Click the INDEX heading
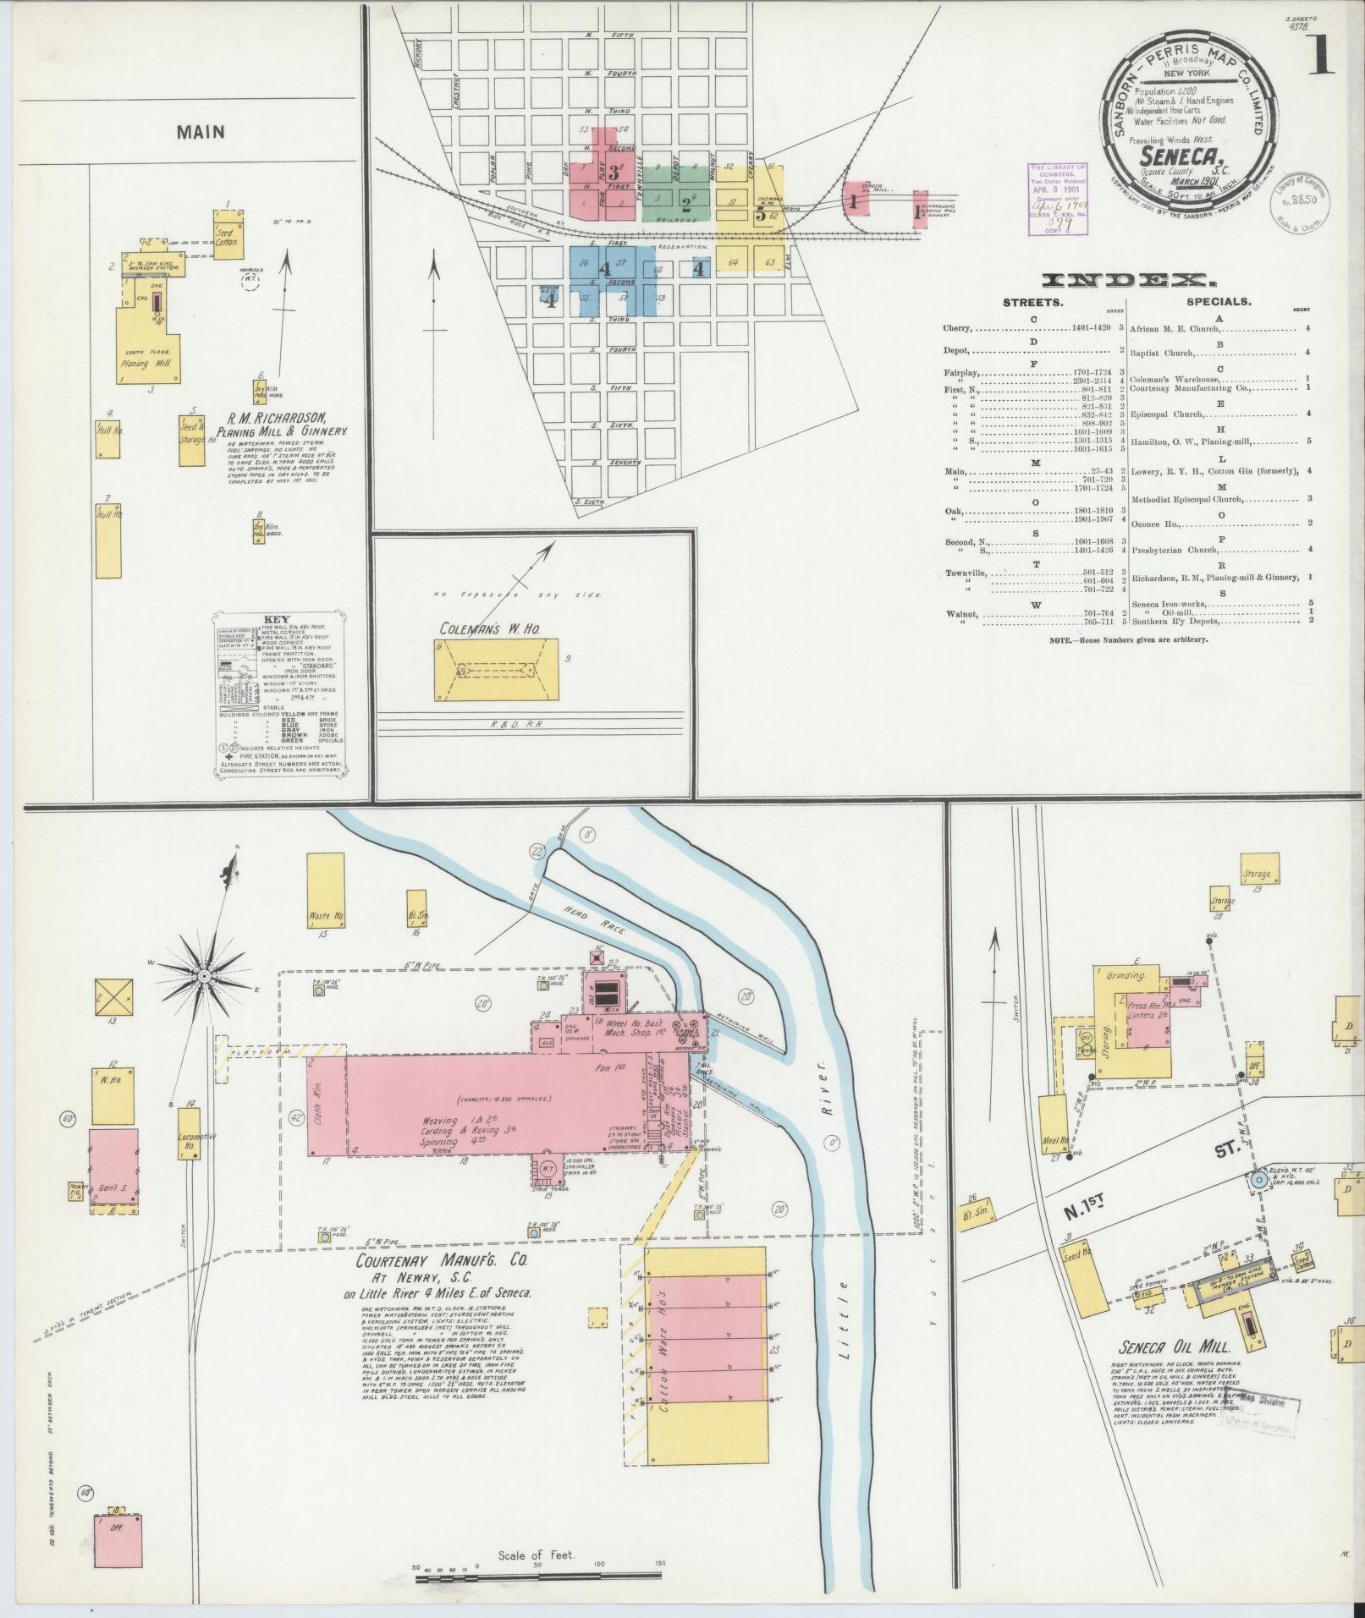pyautogui.click(x=1128, y=280)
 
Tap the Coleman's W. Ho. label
pyautogui.click(x=487, y=628)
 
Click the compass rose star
pyautogui.click(x=205, y=976)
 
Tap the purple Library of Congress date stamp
pyautogui.click(x=1057, y=197)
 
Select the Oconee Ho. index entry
pyautogui.click(x=1155, y=523)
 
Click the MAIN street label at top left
pyautogui.click(x=201, y=132)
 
